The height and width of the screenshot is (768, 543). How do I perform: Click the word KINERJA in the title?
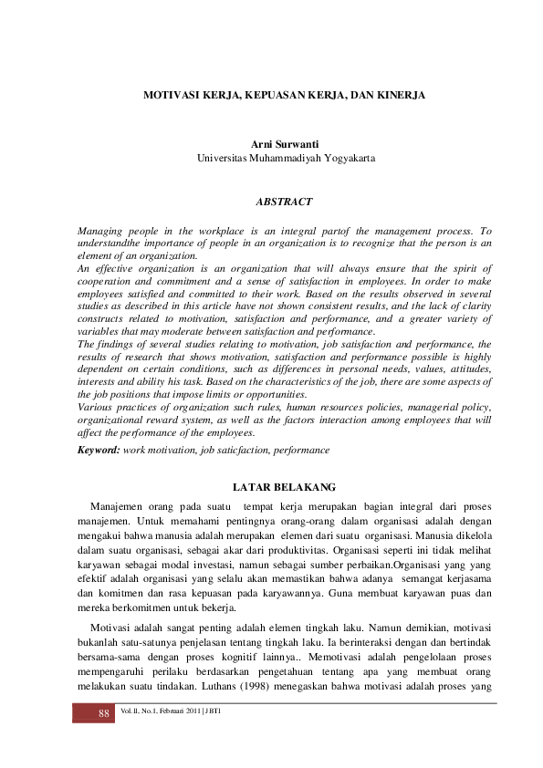click(400, 95)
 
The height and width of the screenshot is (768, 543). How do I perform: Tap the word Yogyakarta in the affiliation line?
click(345, 158)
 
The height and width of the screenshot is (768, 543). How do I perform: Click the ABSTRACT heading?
click(286, 202)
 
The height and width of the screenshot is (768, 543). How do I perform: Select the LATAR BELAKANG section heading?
click(286, 487)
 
